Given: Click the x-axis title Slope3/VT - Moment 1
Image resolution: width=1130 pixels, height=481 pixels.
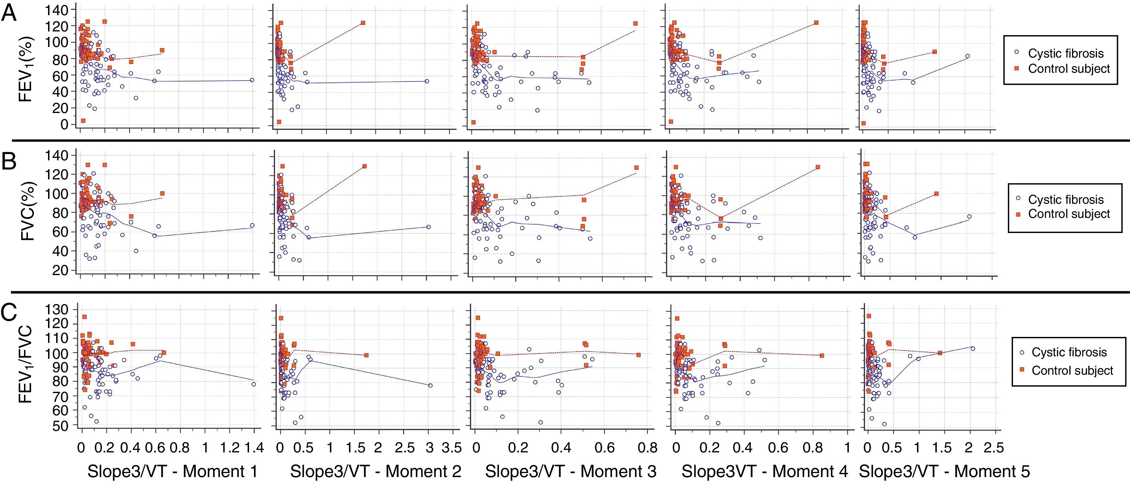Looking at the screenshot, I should pos(172,471).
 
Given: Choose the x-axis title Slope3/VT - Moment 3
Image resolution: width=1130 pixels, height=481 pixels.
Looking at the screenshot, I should pos(571,471).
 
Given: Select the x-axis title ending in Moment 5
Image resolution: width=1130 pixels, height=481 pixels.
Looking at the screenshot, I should pos(944,471).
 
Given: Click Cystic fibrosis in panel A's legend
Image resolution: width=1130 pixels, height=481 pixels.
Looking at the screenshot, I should pos(1065,53).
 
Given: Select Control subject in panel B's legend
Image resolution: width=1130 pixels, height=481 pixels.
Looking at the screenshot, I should pos(1069,214).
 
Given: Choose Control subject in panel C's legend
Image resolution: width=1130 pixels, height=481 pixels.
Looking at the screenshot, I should pos(1072,370).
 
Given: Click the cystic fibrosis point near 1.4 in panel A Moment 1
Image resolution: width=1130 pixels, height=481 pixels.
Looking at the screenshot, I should pos(252,80).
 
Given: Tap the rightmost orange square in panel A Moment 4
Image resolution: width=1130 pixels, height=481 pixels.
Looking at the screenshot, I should pos(816,22).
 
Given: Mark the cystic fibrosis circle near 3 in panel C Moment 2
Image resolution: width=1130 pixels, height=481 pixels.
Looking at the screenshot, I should pos(430,385).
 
